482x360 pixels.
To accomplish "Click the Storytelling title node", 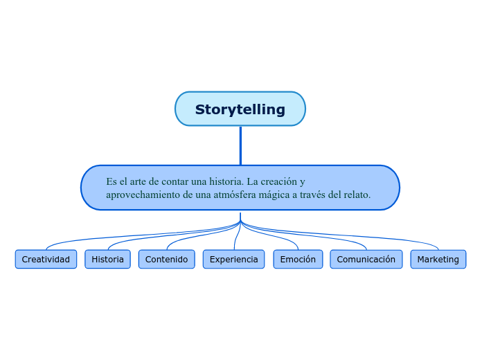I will tap(240, 109).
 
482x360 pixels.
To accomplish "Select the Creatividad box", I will tap(46, 260).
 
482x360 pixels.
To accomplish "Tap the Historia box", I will tap(107, 260).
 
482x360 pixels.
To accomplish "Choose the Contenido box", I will tap(166, 260).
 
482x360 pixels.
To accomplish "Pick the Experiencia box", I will tap(233, 260).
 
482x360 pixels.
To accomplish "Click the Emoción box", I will tap(298, 260).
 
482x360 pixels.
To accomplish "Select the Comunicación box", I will tap(366, 260).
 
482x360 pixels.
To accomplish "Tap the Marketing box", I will tap(438, 260).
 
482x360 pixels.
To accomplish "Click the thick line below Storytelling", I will tap(240, 145).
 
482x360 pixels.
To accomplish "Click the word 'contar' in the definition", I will tap(175, 181).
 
